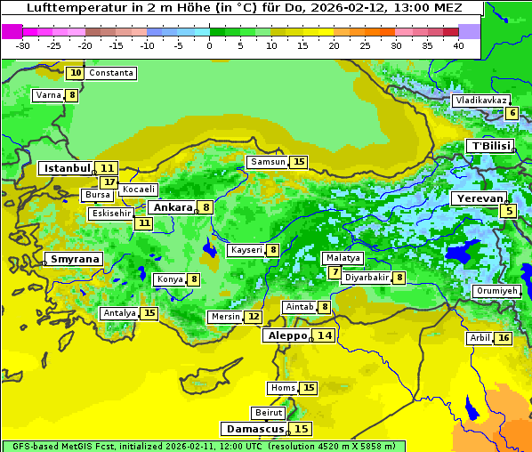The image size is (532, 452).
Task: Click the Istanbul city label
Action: pos(68,167)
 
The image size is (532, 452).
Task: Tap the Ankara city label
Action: pos(173,207)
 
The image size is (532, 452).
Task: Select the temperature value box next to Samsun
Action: pos(299,162)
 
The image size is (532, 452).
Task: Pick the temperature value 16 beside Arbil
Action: pos(504,338)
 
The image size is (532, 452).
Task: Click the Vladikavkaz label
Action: pos(480,101)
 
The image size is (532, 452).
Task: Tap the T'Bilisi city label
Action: pos(490,146)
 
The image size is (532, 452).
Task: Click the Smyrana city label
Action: pos(75,259)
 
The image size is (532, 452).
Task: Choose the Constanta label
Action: pos(111,73)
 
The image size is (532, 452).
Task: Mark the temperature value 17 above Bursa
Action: pos(109,182)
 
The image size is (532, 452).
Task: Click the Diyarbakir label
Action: pos(367,278)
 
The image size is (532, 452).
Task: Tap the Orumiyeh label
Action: pos(496,291)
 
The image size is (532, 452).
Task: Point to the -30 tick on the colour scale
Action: pos(23,44)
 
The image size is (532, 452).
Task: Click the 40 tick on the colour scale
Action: pos(458,44)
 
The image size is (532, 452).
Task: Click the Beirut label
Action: pos(269,413)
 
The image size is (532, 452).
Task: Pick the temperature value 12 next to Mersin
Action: pos(254,317)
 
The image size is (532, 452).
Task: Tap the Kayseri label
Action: pos(246,250)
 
